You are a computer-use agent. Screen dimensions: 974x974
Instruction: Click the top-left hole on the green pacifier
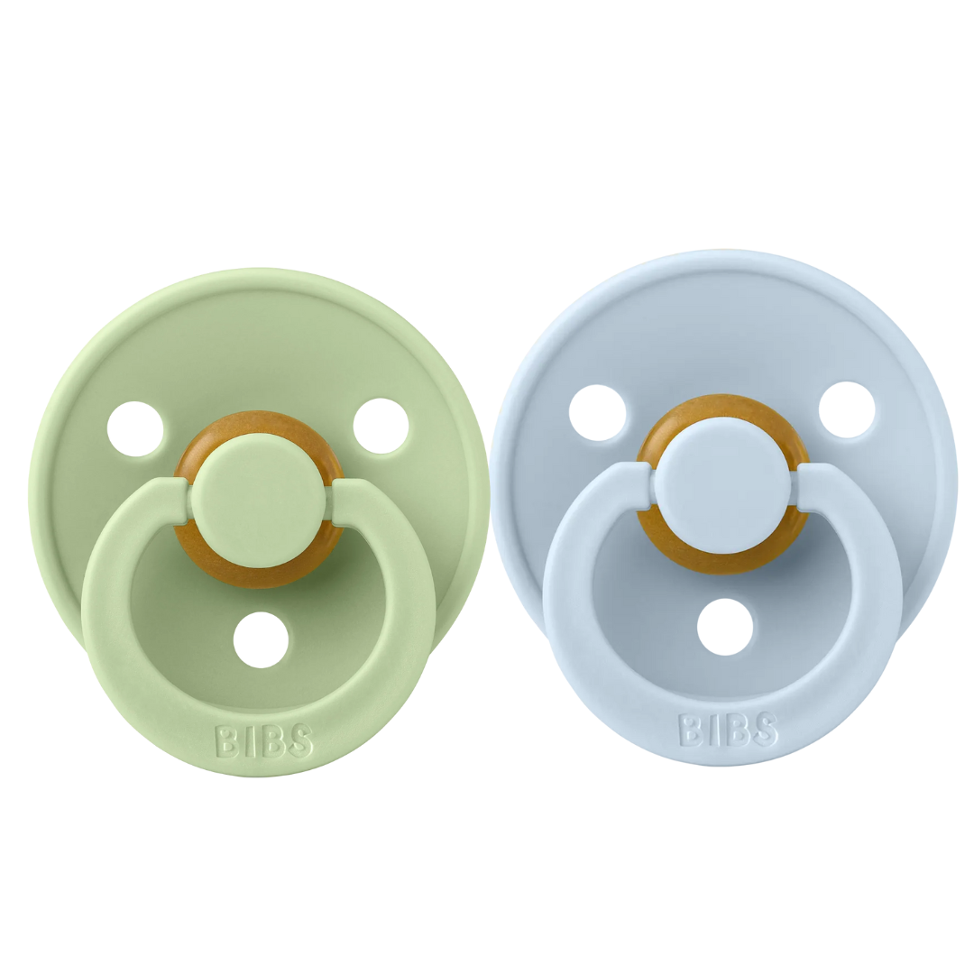pos(135,429)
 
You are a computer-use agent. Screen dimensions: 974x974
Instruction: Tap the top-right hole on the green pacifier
pos(381,426)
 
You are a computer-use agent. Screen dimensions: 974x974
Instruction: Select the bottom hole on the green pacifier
pos(261,639)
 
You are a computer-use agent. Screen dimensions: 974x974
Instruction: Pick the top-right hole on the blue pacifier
pos(847,410)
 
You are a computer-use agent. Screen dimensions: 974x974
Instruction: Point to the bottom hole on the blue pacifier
pos(725,626)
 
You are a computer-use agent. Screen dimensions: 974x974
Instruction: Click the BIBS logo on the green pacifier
pos(263,741)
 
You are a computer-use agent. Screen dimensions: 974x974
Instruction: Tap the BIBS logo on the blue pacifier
pos(728,729)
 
